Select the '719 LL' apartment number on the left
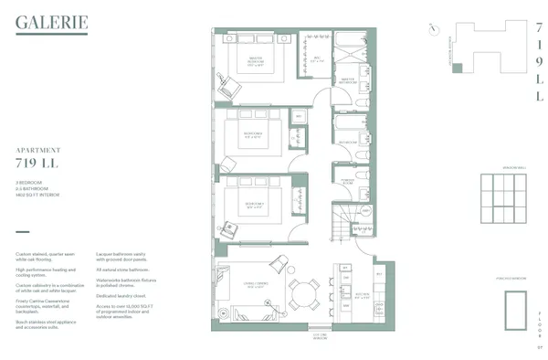[x=37, y=163]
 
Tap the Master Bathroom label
[x=348, y=80]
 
